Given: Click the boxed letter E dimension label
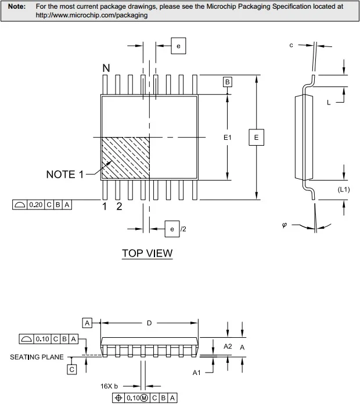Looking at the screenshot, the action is pyautogui.click(x=256, y=138).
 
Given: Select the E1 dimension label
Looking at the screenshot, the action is pyautogui.click(x=227, y=138).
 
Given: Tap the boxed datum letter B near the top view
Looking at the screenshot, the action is pyautogui.click(x=227, y=82).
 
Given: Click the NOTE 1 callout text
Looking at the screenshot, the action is pyautogui.click(x=65, y=175).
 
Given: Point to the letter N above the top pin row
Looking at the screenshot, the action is pyautogui.click(x=106, y=68).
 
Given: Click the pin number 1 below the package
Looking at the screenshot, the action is pyautogui.click(x=105, y=207).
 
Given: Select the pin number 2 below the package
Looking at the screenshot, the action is pyautogui.click(x=119, y=207).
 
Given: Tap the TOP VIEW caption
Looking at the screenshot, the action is pyautogui.click(x=147, y=253).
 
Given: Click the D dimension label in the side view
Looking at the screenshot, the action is pyautogui.click(x=149, y=323).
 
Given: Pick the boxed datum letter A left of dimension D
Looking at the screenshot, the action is pyautogui.click(x=87, y=323).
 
